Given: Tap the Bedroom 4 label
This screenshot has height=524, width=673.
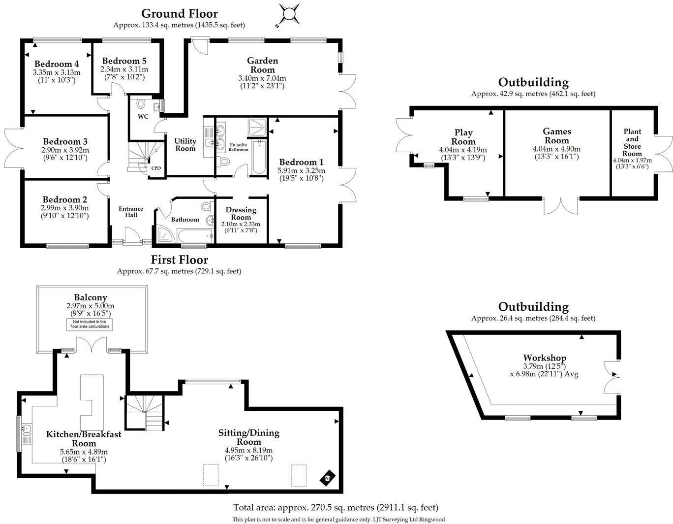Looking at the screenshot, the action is coord(57,64).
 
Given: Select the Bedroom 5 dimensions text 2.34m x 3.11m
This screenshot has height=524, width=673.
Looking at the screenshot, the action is coord(124,69).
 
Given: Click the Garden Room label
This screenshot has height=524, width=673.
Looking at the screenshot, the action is coord(262,65).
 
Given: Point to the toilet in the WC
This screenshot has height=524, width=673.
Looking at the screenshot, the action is coord(141,104).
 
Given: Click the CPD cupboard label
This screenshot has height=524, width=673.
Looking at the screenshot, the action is coord(155,168).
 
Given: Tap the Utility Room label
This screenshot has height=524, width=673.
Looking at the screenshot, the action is coord(185,145).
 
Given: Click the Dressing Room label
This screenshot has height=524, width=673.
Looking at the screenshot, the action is coord(241,213).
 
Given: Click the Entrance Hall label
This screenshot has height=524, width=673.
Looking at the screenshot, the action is coord(131,212).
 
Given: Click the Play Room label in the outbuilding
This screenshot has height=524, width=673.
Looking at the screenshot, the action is coord(463,137).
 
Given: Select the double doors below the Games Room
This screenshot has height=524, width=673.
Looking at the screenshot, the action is coord(561,206).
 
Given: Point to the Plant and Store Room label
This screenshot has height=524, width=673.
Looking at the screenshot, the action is coord(632,142).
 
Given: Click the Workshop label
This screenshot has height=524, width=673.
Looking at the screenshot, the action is coord(544,358).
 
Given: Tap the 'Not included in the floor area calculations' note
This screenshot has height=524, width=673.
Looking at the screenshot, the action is coord(89,324).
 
